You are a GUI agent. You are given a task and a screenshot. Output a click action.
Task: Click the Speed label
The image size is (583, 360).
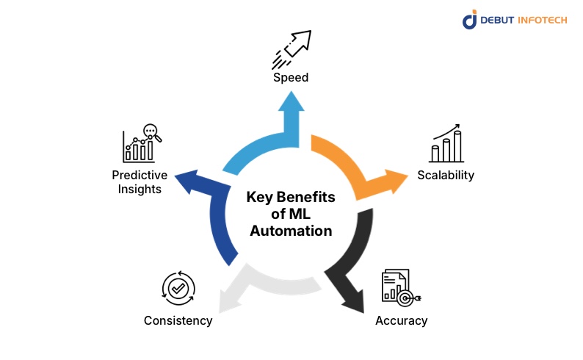coord(291,77)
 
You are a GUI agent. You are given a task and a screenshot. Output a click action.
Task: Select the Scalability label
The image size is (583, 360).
coord(446,175)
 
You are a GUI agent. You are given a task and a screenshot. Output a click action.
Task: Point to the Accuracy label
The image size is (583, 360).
coord(401,320)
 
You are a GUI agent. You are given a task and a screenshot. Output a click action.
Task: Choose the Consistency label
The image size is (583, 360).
coord(178,320)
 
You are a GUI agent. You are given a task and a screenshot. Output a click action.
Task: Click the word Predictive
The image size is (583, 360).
coord(140,175)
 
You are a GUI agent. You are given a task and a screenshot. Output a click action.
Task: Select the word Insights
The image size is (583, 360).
coord(140,189)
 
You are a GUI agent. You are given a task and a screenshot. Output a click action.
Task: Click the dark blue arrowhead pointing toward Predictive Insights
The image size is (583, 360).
coord(188,181)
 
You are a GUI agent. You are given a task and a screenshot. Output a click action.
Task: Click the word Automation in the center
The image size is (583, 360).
coord(291,231)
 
